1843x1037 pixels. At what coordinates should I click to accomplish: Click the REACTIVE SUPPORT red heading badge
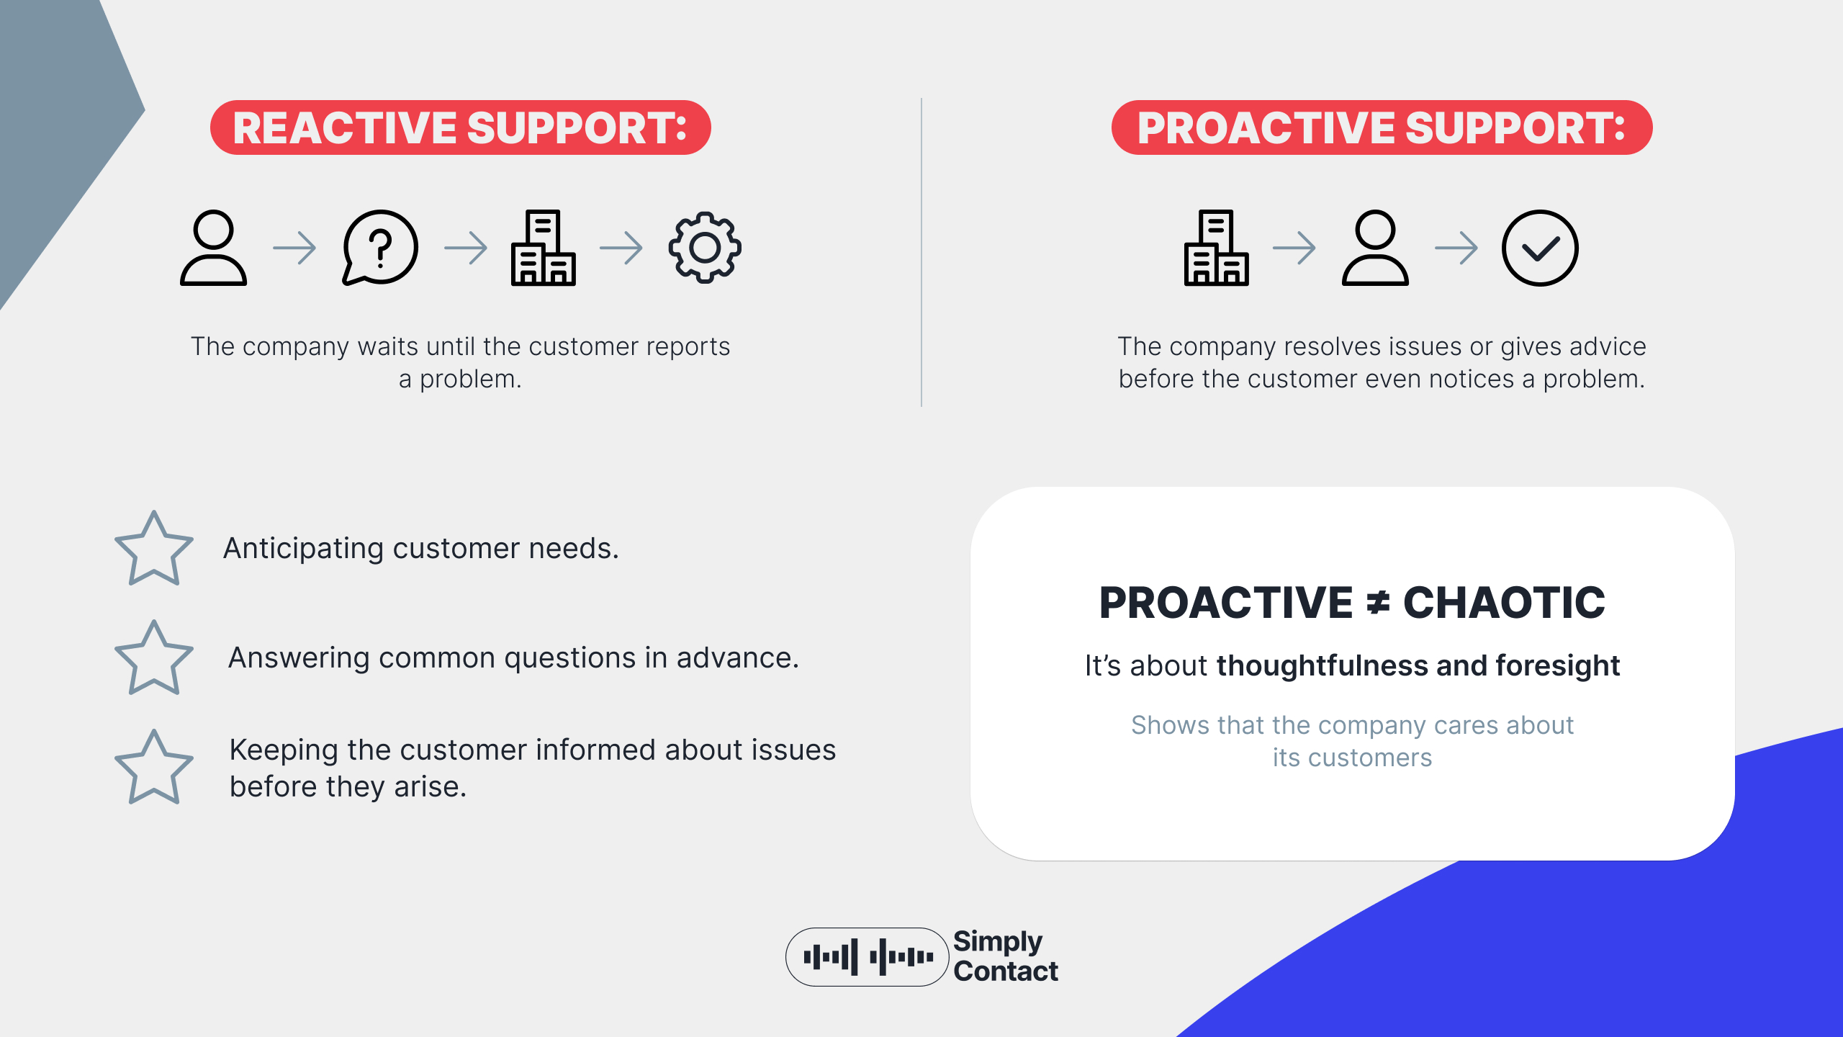coord(461,127)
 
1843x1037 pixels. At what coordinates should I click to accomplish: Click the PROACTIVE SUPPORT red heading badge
coord(1382,127)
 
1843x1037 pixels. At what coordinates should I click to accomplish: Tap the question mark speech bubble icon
coord(380,248)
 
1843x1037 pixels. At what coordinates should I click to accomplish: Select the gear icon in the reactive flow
coord(705,248)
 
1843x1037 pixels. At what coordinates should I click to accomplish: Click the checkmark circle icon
coord(1540,248)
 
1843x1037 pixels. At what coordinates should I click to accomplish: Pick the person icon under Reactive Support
coord(213,248)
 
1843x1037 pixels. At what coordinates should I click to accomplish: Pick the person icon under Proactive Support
coord(1375,248)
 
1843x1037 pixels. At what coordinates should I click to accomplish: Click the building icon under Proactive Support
coord(1216,248)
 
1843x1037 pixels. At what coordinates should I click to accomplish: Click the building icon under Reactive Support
coord(543,248)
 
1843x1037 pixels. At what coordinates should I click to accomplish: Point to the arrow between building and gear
coord(621,248)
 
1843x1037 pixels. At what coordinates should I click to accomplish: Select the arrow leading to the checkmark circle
coord(1456,248)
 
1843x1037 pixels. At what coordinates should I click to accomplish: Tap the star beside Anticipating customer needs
coord(153,549)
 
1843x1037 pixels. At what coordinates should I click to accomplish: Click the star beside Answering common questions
coord(153,658)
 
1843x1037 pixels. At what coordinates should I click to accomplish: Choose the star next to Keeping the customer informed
coord(153,768)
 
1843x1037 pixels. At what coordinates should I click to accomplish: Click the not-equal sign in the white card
coord(1378,603)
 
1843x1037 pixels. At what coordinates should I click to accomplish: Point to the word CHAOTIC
coord(1504,603)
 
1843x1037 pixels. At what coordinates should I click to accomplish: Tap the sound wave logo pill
coord(867,957)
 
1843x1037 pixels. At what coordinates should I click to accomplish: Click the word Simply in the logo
coord(997,941)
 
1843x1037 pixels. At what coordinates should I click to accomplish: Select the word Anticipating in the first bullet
coord(303,549)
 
